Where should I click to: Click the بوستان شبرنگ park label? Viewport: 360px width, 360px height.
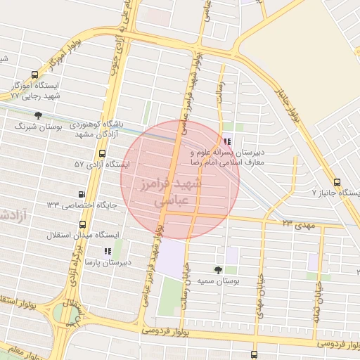39,128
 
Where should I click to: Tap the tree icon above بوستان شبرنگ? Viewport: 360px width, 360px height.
38,116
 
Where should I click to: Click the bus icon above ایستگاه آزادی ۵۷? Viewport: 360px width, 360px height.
103,153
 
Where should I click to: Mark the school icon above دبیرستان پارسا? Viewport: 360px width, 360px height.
107,251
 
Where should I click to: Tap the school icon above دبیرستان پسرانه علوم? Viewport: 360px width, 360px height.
226,141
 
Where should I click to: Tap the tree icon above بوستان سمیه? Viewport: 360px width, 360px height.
219,270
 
